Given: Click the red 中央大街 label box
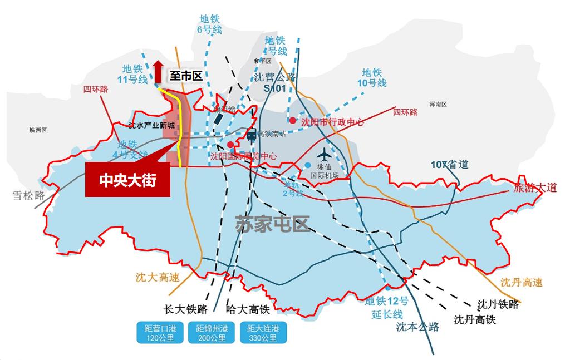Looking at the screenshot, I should point(127,180).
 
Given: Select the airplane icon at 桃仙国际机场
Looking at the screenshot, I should point(325,154).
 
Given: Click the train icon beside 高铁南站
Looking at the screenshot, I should point(251,134).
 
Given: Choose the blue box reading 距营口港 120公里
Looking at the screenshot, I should point(159,333).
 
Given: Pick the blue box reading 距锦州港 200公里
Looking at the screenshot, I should point(211,333).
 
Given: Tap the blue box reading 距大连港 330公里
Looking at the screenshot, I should point(263,333).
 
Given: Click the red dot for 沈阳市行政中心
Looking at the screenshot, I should point(292,121).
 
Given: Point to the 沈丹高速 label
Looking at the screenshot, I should point(521,282).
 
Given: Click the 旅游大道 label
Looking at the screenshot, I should point(535,188).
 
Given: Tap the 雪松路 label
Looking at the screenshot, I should point(28,195).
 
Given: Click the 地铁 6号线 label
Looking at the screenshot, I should point(209,24).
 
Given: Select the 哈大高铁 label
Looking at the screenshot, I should point(248,310).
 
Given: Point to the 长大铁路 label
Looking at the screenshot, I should point(185,310).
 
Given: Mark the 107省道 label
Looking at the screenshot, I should point(450,165).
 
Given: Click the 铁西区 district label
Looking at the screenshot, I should point(38,130).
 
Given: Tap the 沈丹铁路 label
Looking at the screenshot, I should point(498,304).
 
